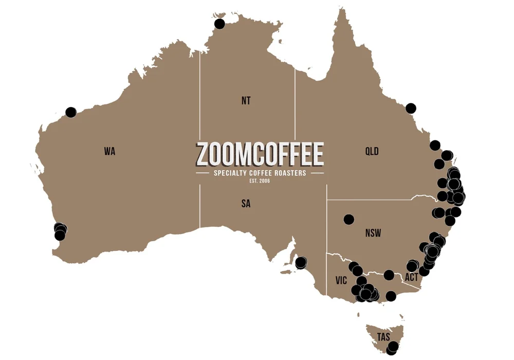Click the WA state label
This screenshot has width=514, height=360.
point(109,151)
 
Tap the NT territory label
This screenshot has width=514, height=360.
point(246,101)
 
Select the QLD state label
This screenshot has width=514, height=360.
point(372,151)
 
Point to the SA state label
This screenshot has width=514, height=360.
point(246,204)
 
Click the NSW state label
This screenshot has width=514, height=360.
point(373,233)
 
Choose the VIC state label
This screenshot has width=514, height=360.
point(341,280)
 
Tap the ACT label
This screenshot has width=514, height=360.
point(412,277)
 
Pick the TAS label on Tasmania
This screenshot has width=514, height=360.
point(383,337)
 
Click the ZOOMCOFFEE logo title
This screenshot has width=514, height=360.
point(260,154)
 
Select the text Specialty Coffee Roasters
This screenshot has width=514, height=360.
point(260,173)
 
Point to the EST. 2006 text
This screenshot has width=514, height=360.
point(260,181)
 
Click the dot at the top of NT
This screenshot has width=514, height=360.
point(219,24)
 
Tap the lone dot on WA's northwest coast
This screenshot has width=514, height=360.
point(71,112)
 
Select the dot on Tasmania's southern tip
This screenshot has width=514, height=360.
point(393,347)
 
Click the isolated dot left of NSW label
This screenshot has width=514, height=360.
point(349,219)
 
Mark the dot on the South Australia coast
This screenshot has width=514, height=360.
point(301,263)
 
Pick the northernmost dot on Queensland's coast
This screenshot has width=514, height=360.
point(411,108)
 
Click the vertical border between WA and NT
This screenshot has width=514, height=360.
point(200,139)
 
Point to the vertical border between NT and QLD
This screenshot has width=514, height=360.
point(295,103)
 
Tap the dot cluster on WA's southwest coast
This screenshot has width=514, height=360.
point(60,231)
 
